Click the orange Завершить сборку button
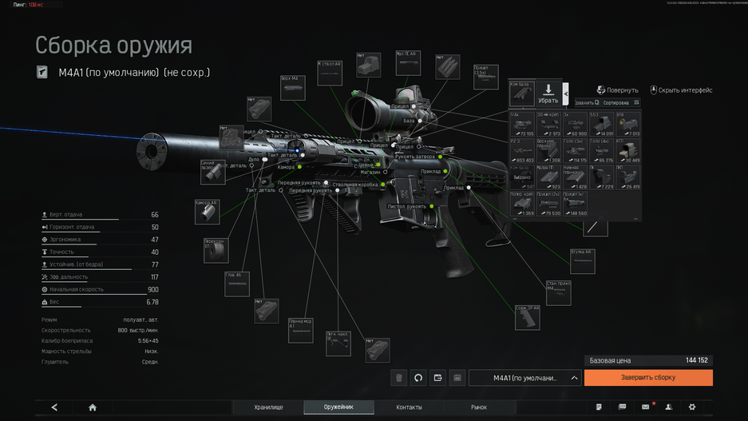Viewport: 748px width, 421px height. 647,378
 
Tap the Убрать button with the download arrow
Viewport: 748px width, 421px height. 548,93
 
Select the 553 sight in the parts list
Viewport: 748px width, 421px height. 601,124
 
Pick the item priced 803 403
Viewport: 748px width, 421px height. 522,150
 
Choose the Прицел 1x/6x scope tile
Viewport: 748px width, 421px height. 574,204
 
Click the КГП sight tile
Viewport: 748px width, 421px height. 627,150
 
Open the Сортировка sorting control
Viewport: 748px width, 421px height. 620,103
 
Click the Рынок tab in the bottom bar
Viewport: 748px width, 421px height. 478,407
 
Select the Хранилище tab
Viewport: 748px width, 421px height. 268,407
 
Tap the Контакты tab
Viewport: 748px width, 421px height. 409,407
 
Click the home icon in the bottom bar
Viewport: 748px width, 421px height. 93,407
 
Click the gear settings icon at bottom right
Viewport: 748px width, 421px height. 692,407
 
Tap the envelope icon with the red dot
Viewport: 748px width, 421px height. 646,407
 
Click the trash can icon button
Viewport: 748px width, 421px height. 399,378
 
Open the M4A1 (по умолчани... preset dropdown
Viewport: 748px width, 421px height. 525,378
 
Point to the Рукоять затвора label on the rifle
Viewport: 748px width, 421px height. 415,157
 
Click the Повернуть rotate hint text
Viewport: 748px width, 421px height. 622,90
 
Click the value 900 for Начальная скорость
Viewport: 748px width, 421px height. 152,290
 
